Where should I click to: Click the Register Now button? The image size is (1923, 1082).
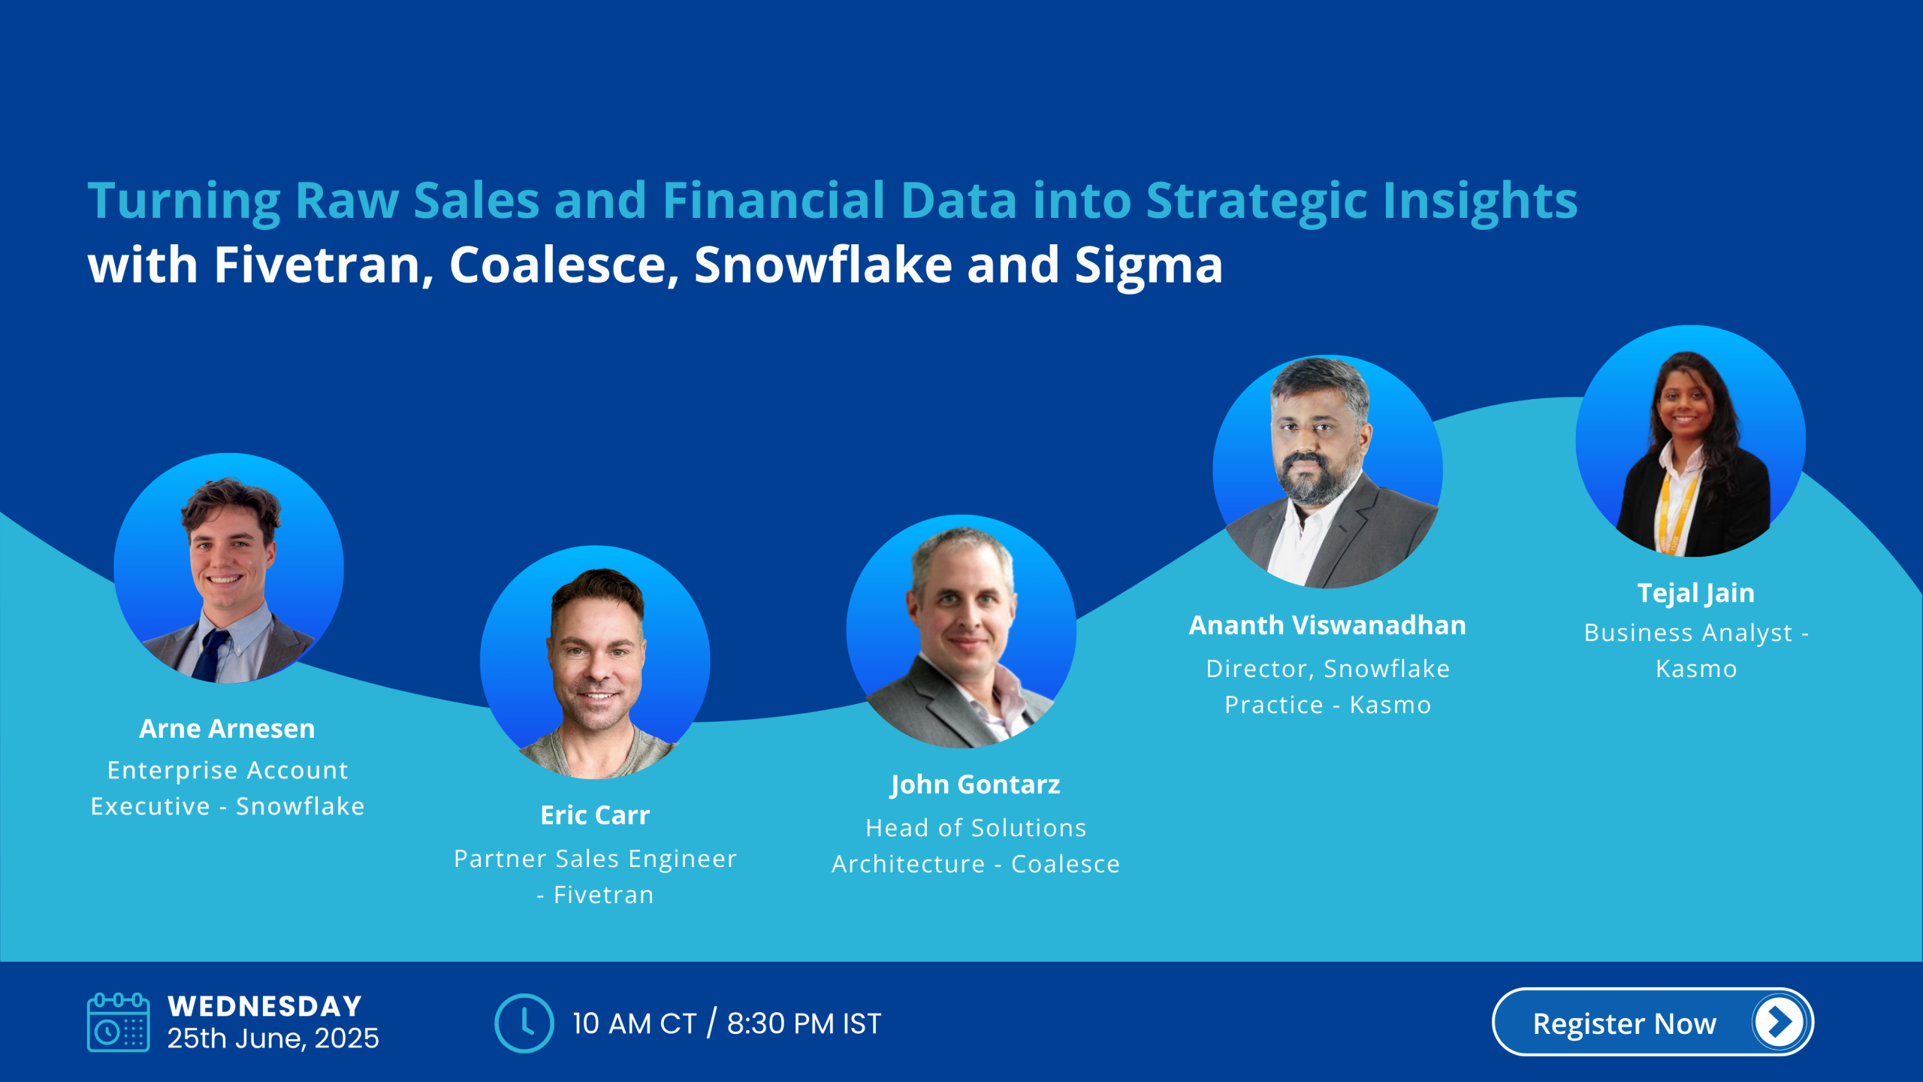pos(1653,1022)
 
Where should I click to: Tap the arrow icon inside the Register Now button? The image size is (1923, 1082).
pos(1778,1022)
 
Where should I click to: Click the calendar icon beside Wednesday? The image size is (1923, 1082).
pos(118,1022)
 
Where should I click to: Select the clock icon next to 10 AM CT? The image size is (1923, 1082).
pos(524,1023)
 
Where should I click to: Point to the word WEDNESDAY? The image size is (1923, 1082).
pos(264,1006)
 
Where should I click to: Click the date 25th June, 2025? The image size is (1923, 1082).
pos(273,1038)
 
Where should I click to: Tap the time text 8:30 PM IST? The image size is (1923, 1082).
pos(804,1023)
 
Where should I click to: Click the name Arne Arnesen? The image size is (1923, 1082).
pos(227,729)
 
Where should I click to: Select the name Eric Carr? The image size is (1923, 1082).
pos(595,815)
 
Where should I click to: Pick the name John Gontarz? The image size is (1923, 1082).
pos(975,785)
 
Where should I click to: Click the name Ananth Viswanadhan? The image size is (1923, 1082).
pos(1327,625)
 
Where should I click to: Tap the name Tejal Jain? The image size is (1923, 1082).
pos(1696,594)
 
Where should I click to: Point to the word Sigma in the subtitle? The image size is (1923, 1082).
pos(1149,267)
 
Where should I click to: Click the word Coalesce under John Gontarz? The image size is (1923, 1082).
pos(1065,864)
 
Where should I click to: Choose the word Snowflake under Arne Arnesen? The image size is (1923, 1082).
pos(300,806)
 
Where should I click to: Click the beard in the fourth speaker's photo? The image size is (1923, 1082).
pos(1318,477)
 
